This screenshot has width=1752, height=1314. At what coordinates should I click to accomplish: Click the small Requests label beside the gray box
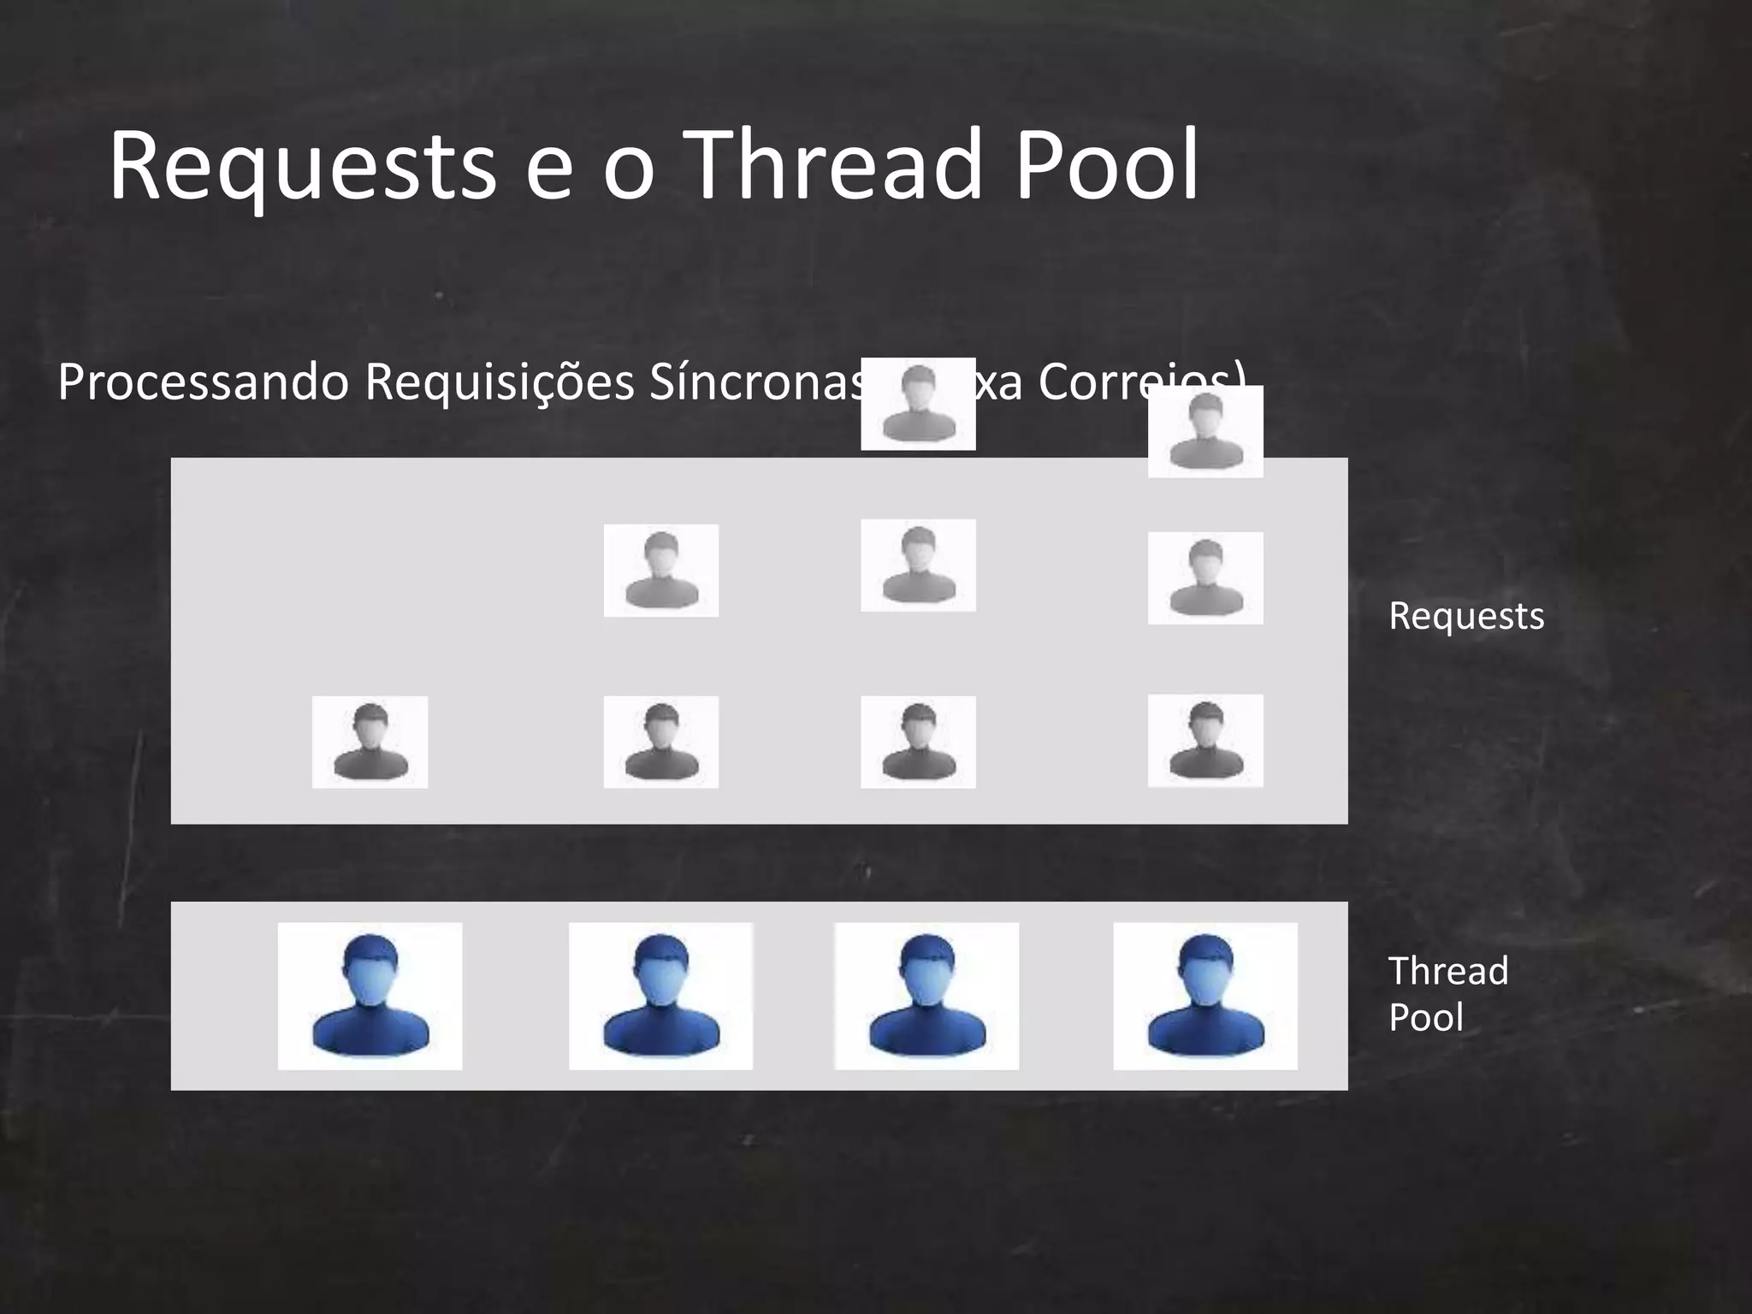click(x=1466, y=616)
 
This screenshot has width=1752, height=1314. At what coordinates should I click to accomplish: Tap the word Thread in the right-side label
click(x=1447, y=971)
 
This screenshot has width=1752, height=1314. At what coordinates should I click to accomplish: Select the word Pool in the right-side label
click(x=1425, y=1017)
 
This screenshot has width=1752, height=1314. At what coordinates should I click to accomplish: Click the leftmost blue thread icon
click(x=370, y=996)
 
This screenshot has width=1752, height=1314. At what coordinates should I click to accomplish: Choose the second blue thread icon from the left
click(x=660, y=996)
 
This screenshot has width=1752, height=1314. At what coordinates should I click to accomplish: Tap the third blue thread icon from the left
click(x=926, y=996)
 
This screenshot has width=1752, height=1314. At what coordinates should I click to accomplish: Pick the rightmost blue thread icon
click(x=1204, y=996)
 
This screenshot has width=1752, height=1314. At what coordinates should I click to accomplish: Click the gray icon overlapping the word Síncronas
click(x=918, y=404)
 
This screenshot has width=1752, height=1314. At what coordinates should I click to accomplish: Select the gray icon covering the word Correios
click(x=1204, y=431)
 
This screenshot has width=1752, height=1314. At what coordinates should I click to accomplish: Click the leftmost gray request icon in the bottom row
click(x=370, y=742)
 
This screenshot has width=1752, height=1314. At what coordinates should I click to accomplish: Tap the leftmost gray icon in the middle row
click(x=660, y=570)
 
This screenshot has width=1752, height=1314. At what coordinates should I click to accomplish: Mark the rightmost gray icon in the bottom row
click(x=1204, y=741)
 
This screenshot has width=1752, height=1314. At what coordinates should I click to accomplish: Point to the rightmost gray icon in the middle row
click(x=1204, y=578)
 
